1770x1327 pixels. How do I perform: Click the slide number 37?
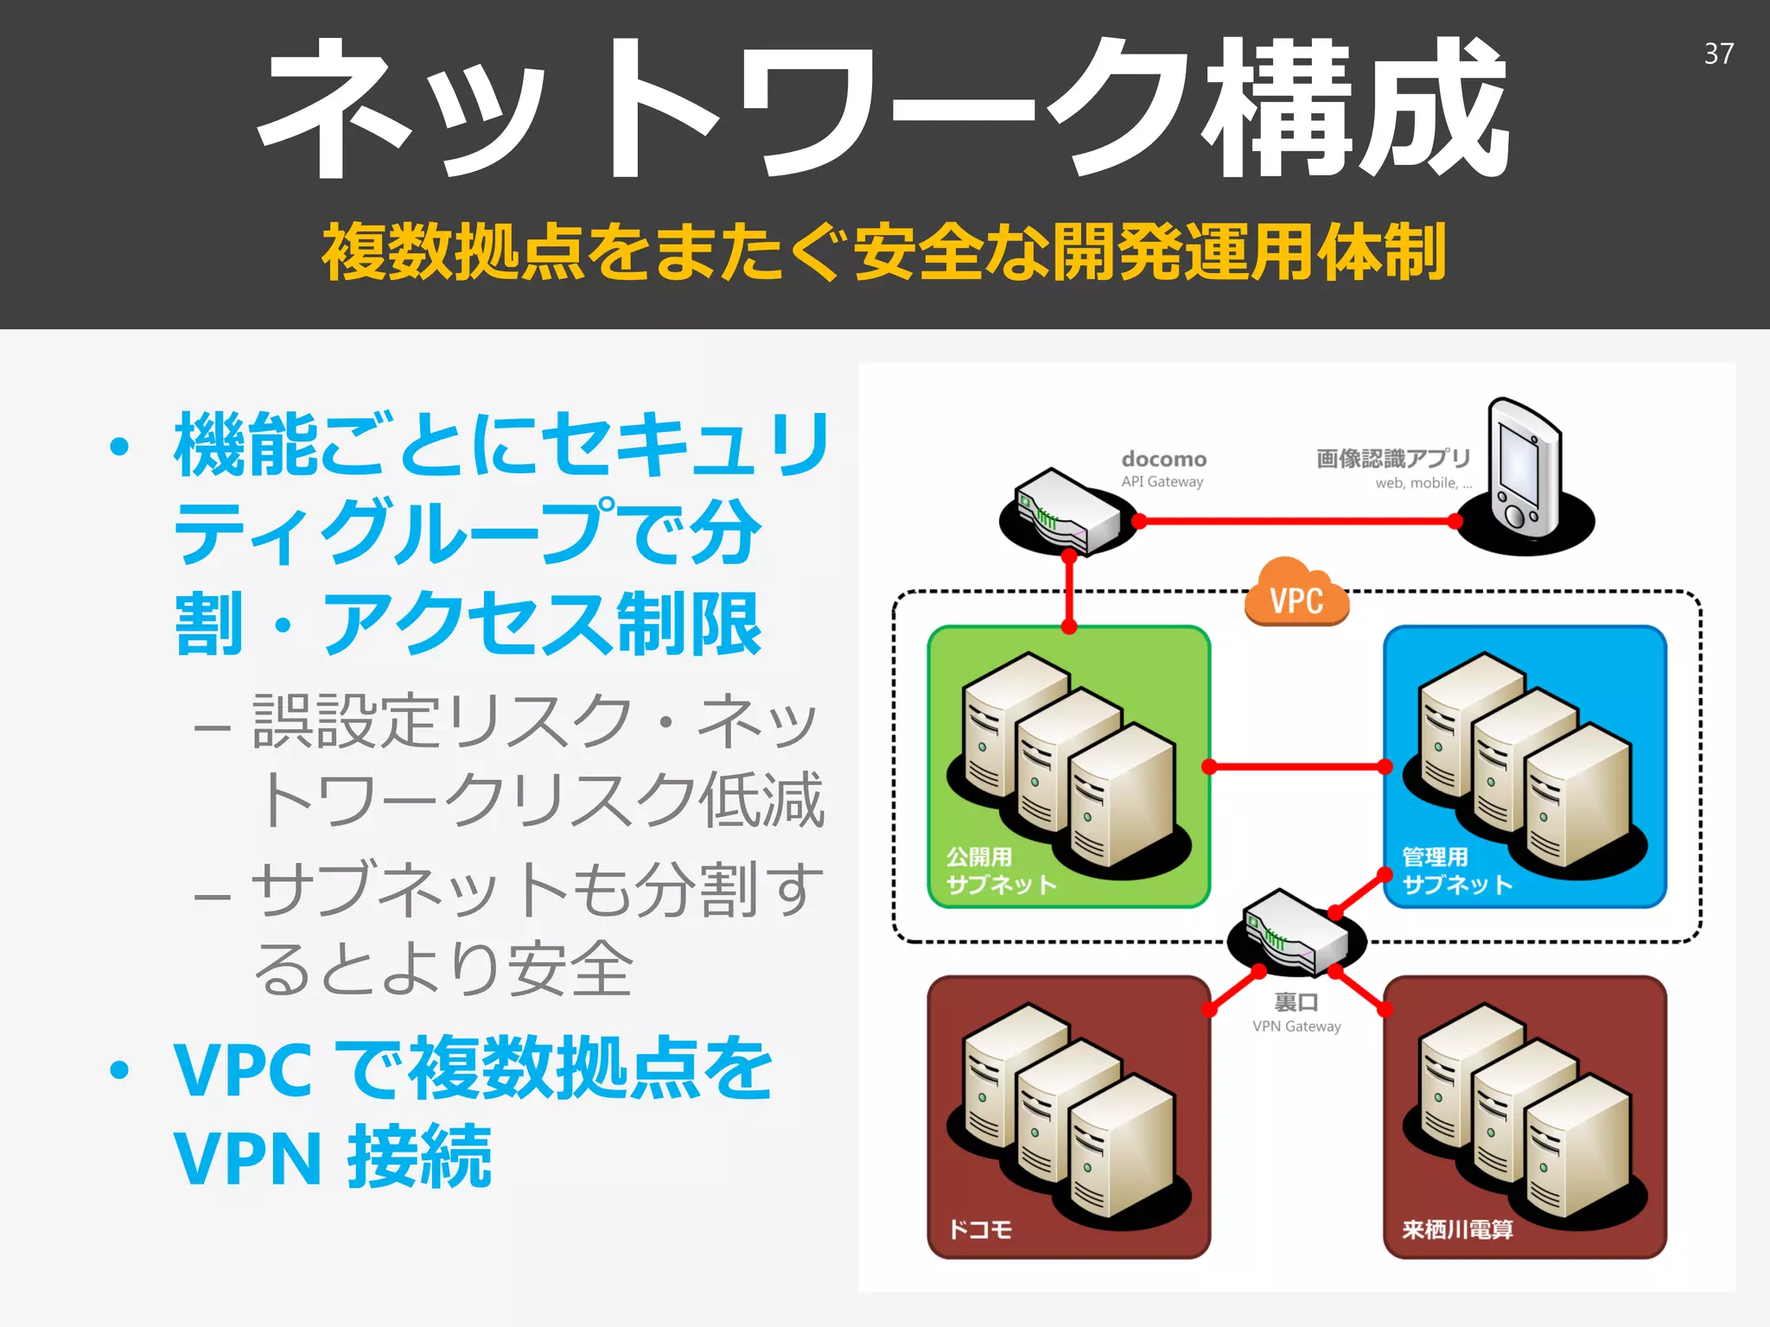tap(1718, 54)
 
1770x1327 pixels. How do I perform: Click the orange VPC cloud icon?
tap(1296, 594)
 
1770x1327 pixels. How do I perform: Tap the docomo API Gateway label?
tap(1163, 468)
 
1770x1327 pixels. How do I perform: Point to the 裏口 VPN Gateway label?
tap(1296, 1012)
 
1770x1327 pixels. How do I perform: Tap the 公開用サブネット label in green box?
tap(1000, 871)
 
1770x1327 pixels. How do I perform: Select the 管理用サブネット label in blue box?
tap(1456, 871)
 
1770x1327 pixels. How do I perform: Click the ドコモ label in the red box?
tap(980, 1229)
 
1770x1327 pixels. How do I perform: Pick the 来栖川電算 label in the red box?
tap(1457, 1229)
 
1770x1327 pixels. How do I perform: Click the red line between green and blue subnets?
tap(1296, 766)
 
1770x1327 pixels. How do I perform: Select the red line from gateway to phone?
tap(1296, 521)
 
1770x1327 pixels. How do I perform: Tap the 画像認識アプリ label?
tap(1393, 459)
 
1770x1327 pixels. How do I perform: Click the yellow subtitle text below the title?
tap(883, 251)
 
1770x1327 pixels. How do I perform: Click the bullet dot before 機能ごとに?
tap(119, 447)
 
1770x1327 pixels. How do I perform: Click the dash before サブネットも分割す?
tap(213, 895)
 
